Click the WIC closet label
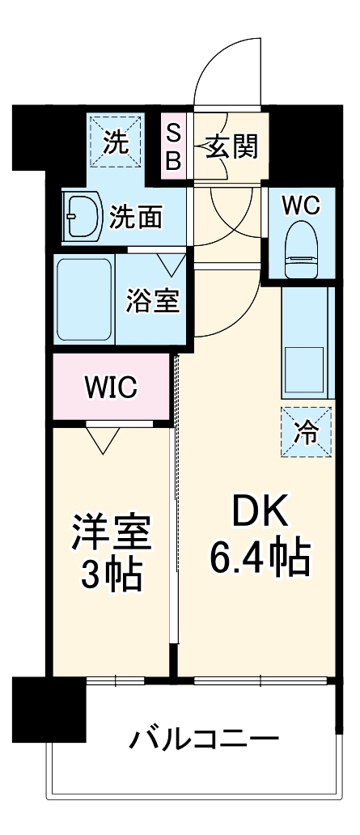click(112, 388)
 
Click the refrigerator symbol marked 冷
click(306, 430)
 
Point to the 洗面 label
click(137, 217)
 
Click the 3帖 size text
click(112, 576)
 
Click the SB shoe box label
click(174, 145)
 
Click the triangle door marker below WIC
click(102, 439)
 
